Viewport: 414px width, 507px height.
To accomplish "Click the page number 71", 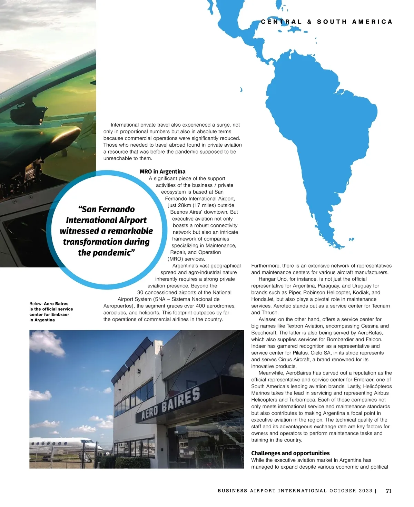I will (x=388, y=491).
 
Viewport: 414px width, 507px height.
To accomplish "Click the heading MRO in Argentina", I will (x=162, y=172).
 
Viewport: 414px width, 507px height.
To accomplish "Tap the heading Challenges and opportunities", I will (x=290, y=453).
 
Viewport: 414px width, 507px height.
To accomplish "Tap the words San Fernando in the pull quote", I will (x=106, y=209).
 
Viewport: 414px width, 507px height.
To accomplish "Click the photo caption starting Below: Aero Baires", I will (x=51, y=312).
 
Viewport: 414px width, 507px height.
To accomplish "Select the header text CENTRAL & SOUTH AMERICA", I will (x=327, y=22).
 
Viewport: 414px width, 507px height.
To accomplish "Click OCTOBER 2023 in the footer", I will (x=351, y=491).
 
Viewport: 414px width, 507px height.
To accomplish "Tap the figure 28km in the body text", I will (x=185, y=205).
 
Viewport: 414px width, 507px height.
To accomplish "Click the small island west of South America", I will (x=241, y=90).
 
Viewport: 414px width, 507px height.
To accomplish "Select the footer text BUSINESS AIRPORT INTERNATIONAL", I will (x=272, y=491).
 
